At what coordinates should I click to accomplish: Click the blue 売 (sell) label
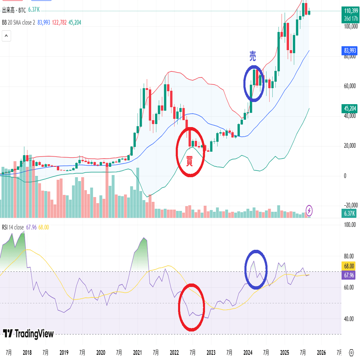click(253, 56)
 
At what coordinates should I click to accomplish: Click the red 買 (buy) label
click(189, 162)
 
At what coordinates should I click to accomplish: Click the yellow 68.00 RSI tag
click(349, 266)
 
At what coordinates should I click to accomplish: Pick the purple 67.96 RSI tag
click(349, 275)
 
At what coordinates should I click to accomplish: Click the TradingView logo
click(29, 333)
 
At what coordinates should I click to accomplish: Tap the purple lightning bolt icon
click(309, 210)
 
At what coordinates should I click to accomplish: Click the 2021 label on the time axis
click(137, 352)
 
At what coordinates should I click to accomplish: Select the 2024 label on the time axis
click(248, 352)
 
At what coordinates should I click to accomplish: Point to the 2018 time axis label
click(27, 352)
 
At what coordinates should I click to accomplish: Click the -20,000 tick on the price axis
click(350, 205)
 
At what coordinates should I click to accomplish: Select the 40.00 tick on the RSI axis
click(350, 319)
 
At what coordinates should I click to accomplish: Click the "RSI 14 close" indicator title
click(13, 227)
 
